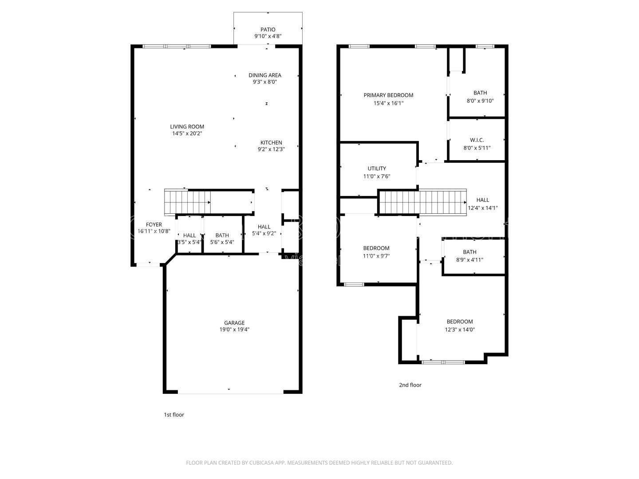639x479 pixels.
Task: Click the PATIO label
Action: (x=268, y=30)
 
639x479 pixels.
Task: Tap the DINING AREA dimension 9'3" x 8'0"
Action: (x=265, y=82)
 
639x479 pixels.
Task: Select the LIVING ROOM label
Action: (x=187, y=126)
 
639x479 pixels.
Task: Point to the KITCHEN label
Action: (x=271, y=142)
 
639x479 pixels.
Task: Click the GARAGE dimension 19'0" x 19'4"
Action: (x=234, y=330)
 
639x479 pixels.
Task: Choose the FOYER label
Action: (x=154, y=224)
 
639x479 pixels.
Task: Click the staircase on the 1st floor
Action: (x=187, y=202)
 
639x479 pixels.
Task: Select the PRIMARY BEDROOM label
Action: (x=388, y=95)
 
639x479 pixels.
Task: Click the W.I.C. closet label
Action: (x=477, y=140)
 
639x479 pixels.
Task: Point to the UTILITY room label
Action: (x=377, y=169)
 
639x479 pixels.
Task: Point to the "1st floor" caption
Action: (x=174, y=415)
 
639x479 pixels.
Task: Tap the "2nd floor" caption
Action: (x=410, y=385)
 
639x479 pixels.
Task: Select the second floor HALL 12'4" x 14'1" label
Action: (x=483, y=200)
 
